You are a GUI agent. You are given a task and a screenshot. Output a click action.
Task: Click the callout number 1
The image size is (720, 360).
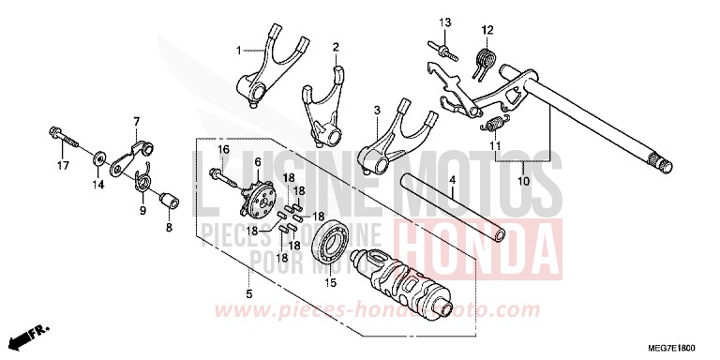[238, 49]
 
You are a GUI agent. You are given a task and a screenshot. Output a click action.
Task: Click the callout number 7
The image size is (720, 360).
[136, 121]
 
